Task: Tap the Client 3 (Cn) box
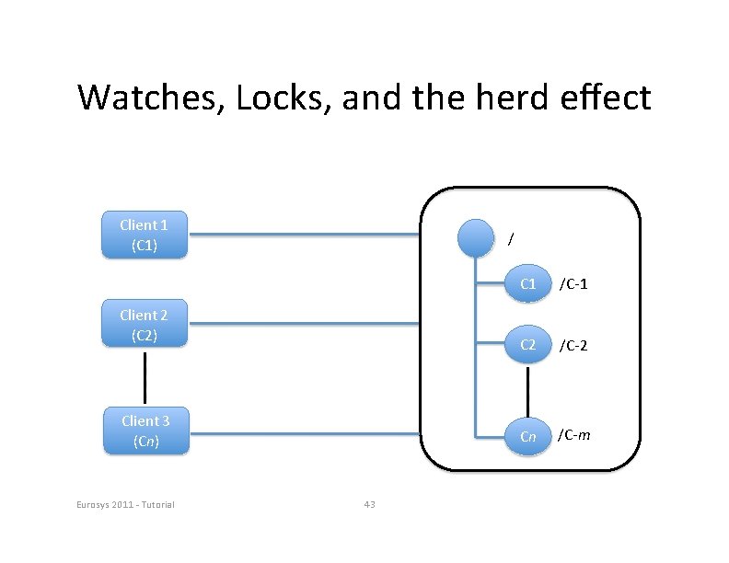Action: coord(145,431)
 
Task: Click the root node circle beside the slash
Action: coord(476,237)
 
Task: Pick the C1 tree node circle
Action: coord(527,284)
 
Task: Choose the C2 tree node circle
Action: coord(527,345)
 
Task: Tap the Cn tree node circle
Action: coord(527,436)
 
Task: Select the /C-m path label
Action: coord(574,435)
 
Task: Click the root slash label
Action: coord(511,238)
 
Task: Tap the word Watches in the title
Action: coord(150,97)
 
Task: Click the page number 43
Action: coord(369,504)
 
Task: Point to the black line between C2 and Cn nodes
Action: coord(527,390)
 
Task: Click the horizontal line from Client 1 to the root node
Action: coord(304,236)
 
